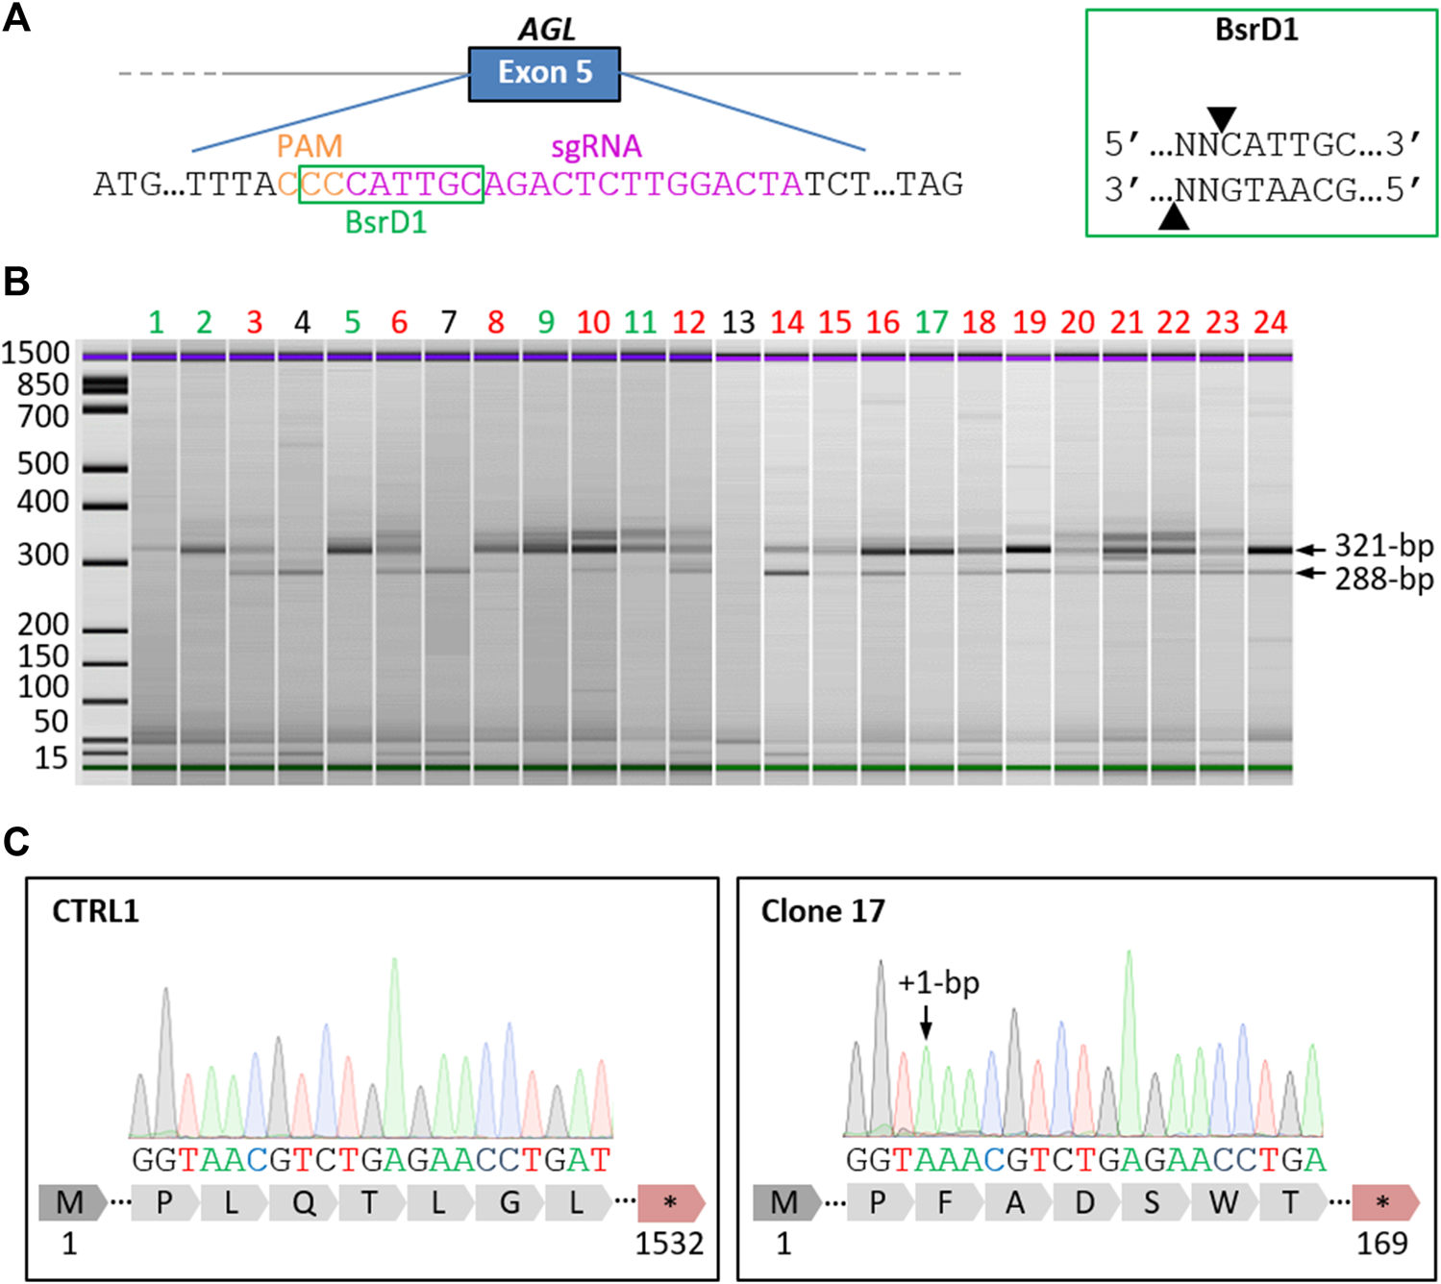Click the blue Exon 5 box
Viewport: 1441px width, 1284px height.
(x=544, y=74)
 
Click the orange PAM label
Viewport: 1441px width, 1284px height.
(x=309, y=146)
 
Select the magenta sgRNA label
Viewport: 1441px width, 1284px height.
(x=596, y=146)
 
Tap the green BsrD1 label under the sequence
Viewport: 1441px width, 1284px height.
(x=385, y=223)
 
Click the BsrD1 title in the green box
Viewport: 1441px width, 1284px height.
(x=1256, y=30)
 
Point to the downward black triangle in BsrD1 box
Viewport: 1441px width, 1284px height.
(x=1221, y=118)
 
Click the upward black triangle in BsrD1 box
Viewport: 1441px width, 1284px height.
(x=1173, y=218)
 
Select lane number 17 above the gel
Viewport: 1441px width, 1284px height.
(x=931, y=322)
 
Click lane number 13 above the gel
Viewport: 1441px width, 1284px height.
(x=737, y=322)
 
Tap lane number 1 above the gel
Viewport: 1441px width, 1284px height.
(x=156, y=322)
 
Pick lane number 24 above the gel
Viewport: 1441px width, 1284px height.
(x=1270, y=322)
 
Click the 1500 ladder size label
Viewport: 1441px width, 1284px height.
(x=36, y=354)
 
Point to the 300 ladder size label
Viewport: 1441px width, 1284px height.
(x=43, y=555)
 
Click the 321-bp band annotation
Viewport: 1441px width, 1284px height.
(x=1383, y=546)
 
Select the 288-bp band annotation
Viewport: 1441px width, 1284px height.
(x=1383, y=579)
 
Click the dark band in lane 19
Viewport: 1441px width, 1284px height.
(x=1029, y=549)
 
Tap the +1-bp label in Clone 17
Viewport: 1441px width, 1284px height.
(x=938, y=983)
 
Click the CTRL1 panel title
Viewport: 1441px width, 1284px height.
(x=95, y=911)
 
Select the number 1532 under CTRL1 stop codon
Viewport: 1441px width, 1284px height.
(x=669, y=1244)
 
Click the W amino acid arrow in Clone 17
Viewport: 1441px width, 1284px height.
(x=1223, y=1202)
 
